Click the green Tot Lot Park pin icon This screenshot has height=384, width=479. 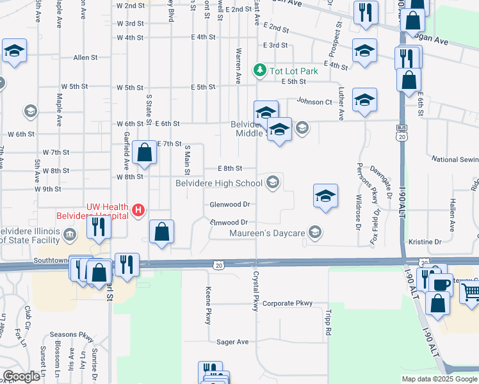260,69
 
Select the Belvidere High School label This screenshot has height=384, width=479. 220,184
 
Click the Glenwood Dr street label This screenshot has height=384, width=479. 229,205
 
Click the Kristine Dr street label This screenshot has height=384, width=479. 425,242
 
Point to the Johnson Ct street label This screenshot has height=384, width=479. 314,101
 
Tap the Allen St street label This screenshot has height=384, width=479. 85,58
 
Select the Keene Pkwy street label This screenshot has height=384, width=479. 208,305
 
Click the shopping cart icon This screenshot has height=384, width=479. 470,292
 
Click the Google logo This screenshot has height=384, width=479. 21,376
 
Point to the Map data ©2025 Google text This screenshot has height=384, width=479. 439,379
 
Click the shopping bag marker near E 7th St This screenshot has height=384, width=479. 145,154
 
